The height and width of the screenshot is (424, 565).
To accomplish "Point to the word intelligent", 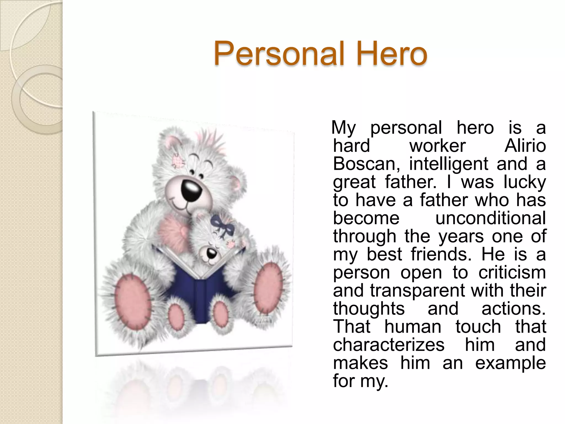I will (x=449, y=164).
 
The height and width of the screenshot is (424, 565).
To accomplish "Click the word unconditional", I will (x=491, y=218).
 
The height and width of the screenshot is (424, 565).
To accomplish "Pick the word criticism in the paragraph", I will (x=512, y=272).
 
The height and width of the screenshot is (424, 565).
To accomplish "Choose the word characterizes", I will (x=389, y=345).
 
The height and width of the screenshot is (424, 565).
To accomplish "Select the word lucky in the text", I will (x=524, y=182).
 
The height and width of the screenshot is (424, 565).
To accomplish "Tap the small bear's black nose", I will (x=212, y=253).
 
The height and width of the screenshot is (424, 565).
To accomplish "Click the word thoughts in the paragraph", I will (x=369, y=309).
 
